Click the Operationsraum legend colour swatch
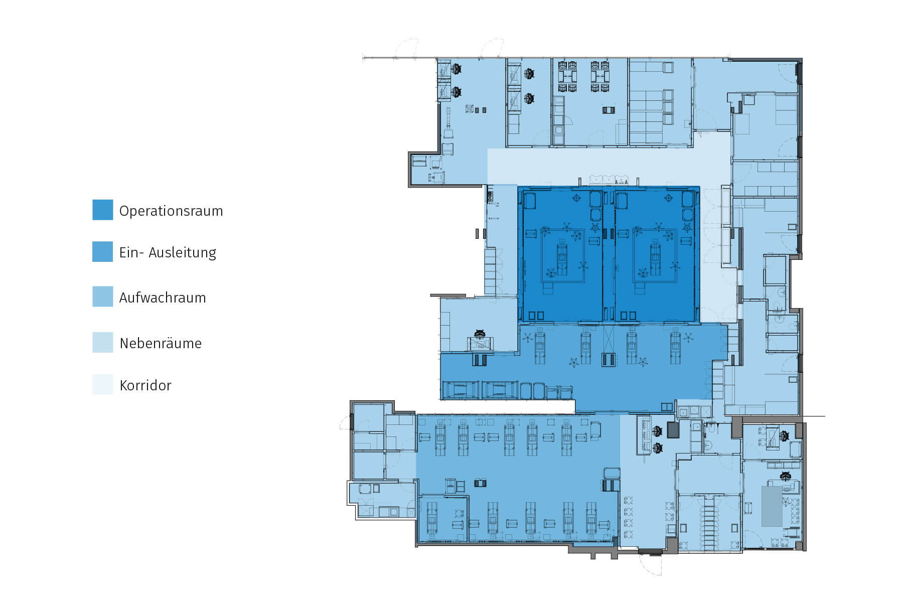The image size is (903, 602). (x=102, y=210)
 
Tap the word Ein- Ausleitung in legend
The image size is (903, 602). (x=168, y=252)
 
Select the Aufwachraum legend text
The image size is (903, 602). (x=163, y=297)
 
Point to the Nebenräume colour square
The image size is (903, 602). (x=102, y=343)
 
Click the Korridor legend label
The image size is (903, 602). (x=145, y=385)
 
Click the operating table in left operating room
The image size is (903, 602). (x=562, y=257)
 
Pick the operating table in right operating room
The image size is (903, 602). (x=655, y=257)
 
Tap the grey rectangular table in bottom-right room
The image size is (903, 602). (x=772, y=506)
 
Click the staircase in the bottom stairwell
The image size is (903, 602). (x=708, y=524)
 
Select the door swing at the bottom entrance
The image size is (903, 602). (x=651, y=564)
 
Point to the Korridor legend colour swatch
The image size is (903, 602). (x=102, y=384)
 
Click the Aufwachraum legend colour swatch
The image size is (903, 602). (x=102, y=296)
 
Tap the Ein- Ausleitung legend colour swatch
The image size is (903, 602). (x=102, y=252)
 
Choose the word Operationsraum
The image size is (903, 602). (x=171, y=211)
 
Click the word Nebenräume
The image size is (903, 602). (x=161, y=343)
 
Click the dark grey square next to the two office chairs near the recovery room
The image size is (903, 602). (x=673, y=430)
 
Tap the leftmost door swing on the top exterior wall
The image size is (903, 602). (x=406, y=49)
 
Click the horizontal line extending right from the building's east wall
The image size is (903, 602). (x=814, y=416)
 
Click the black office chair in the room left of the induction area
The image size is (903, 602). (x=480, y=334)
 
